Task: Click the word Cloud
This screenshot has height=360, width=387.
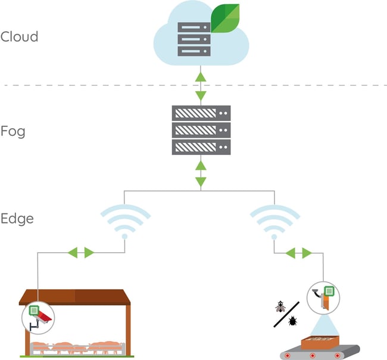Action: point(19,37)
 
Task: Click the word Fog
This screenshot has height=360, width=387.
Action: point(13,131)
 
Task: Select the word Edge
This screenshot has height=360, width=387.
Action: point(17,219)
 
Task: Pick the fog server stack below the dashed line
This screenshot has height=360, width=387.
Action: point(201,130)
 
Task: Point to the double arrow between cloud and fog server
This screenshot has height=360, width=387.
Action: point(201,86)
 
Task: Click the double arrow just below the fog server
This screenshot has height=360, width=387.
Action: point(201,172)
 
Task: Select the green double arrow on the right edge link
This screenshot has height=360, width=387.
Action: point(298,253)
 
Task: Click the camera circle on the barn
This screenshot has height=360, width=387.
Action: point(37,316)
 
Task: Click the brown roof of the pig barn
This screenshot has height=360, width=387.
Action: point(75,297)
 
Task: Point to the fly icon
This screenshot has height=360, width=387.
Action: point(280,308)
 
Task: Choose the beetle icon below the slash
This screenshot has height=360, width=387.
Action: point(292,322)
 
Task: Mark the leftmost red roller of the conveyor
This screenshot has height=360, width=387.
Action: point(289,355)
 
